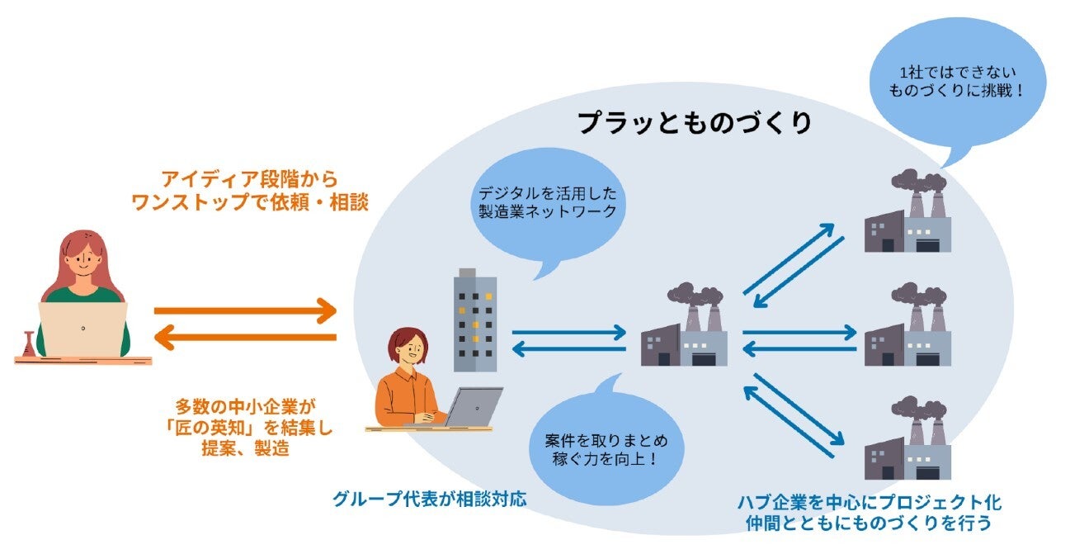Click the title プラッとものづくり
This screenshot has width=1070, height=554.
(695, 123)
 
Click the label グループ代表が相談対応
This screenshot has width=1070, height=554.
(429, 500)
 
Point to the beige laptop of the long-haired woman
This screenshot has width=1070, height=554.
(82, 329)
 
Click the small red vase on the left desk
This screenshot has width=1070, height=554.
(29, 344)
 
